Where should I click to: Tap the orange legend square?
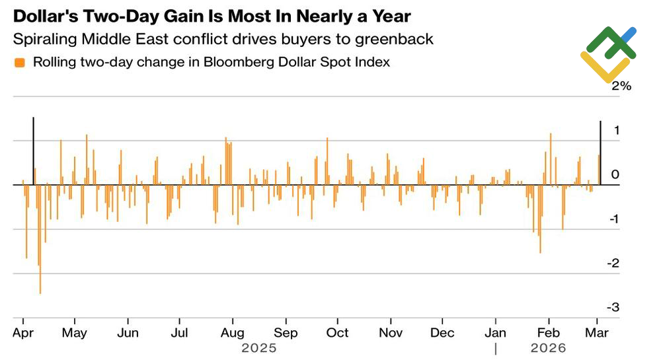pos(20,63)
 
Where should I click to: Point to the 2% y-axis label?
pos(621,86)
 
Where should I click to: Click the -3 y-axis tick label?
pos(613,307)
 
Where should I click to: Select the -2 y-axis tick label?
pos(613,263)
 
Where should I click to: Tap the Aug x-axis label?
pos(232,332)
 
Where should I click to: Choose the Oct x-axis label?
pos(338,332)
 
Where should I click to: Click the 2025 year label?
pos(259,348)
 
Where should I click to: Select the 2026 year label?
pos(548,348)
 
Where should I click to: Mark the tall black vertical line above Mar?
pos(600,152)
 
